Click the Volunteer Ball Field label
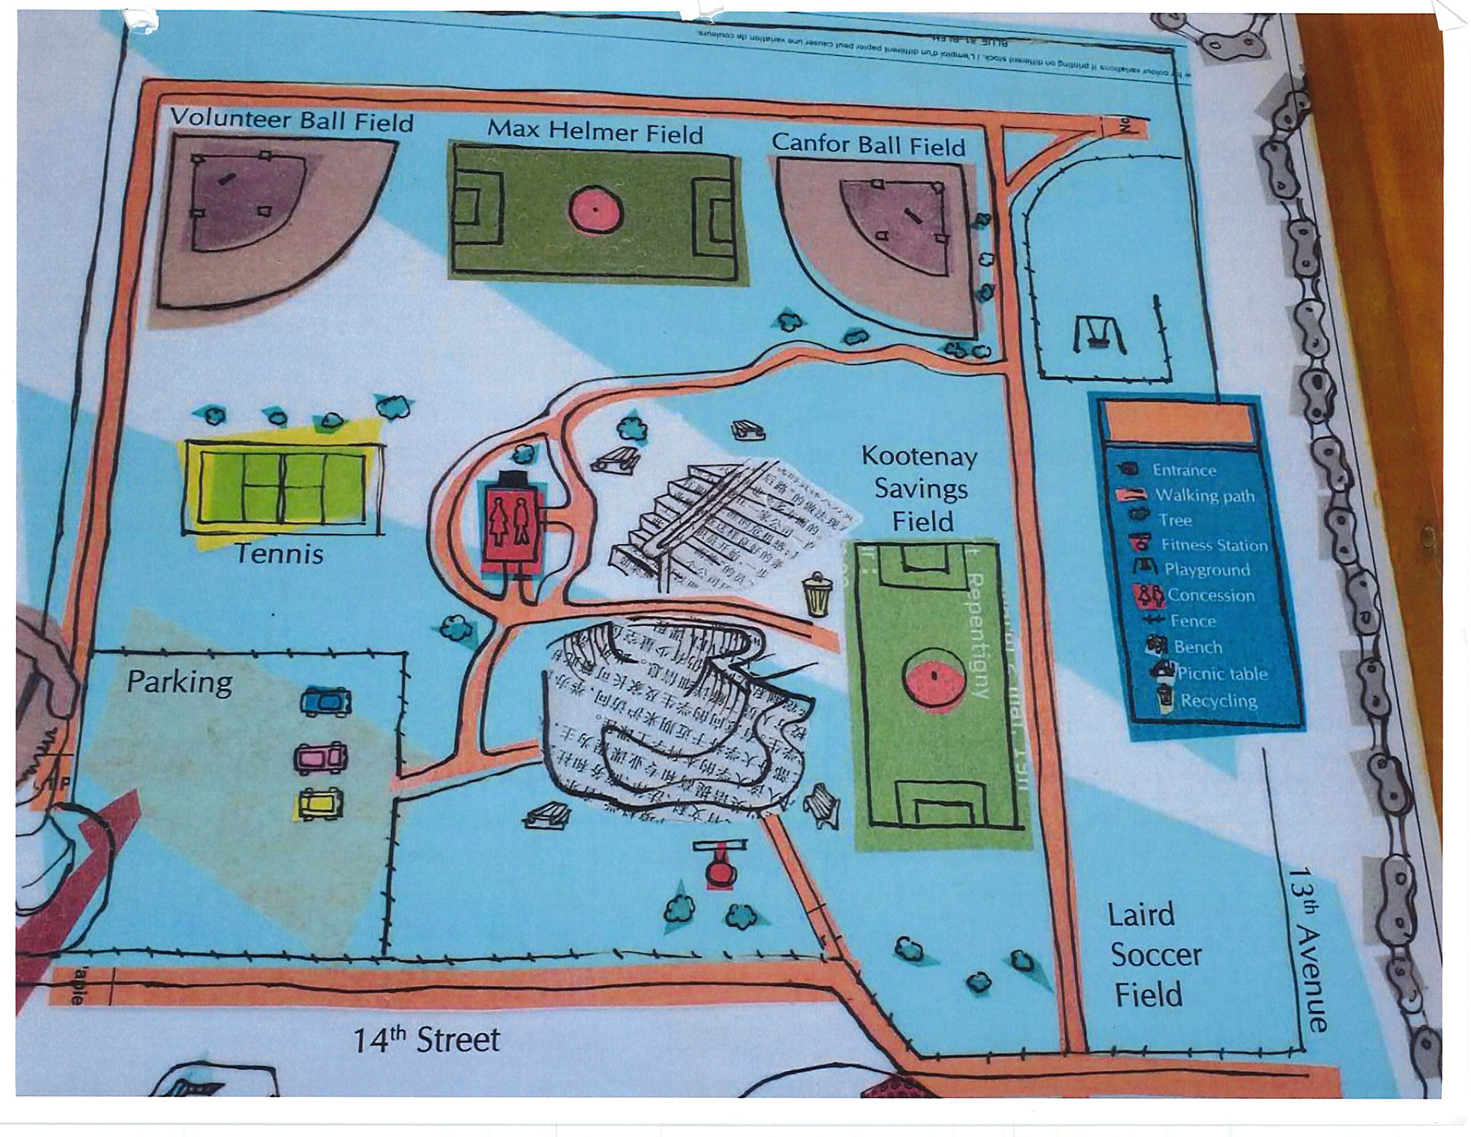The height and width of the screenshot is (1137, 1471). pos(291,120)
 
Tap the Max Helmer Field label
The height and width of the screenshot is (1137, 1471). pos(595,131)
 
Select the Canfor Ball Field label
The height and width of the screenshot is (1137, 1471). pos(868,143)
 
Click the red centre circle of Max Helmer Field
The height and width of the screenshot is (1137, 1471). pos(595,211)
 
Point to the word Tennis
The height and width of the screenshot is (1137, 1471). pos(279,553)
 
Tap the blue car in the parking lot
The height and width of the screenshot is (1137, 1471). pos(326,701)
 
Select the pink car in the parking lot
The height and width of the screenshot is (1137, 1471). pos(321,759)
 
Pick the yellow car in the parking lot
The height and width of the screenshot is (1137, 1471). pos(319,804)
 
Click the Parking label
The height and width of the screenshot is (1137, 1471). pos(179,682)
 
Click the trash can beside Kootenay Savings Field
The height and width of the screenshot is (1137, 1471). pos(817,595)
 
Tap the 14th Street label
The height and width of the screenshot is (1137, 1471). pos(426,1040)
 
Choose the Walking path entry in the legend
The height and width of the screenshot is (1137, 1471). pos(1204,496)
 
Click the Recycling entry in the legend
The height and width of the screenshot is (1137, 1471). pos(1217,700)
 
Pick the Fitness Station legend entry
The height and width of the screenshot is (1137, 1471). pos(1214,545)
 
